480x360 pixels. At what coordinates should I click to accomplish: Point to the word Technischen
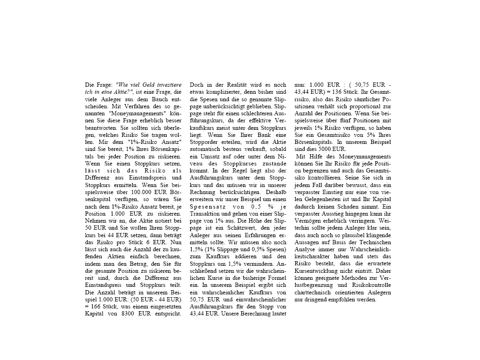pyautogui.click(x=374, y=242)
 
